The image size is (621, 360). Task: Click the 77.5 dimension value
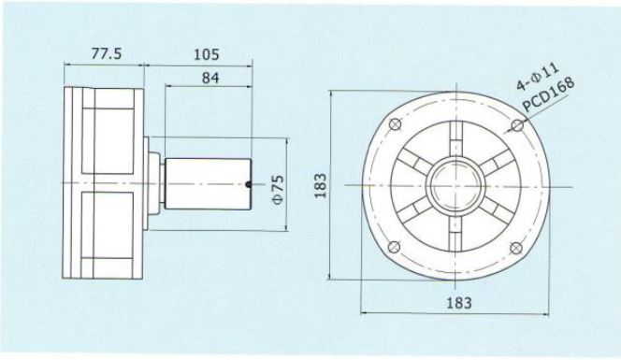click(106, 53)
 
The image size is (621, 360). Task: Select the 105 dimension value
click(206, 54)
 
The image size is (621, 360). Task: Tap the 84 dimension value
click(209, 78)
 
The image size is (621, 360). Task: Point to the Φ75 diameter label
click(279, 189)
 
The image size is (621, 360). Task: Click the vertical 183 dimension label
click(321, 185)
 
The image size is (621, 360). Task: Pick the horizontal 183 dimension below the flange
click(459, 303)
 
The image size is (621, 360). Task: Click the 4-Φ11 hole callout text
click(538, 77)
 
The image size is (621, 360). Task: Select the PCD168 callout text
click(548, 94)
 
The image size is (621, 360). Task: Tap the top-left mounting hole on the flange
click(396, 124)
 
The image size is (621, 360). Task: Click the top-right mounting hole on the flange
click(517, 125)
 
